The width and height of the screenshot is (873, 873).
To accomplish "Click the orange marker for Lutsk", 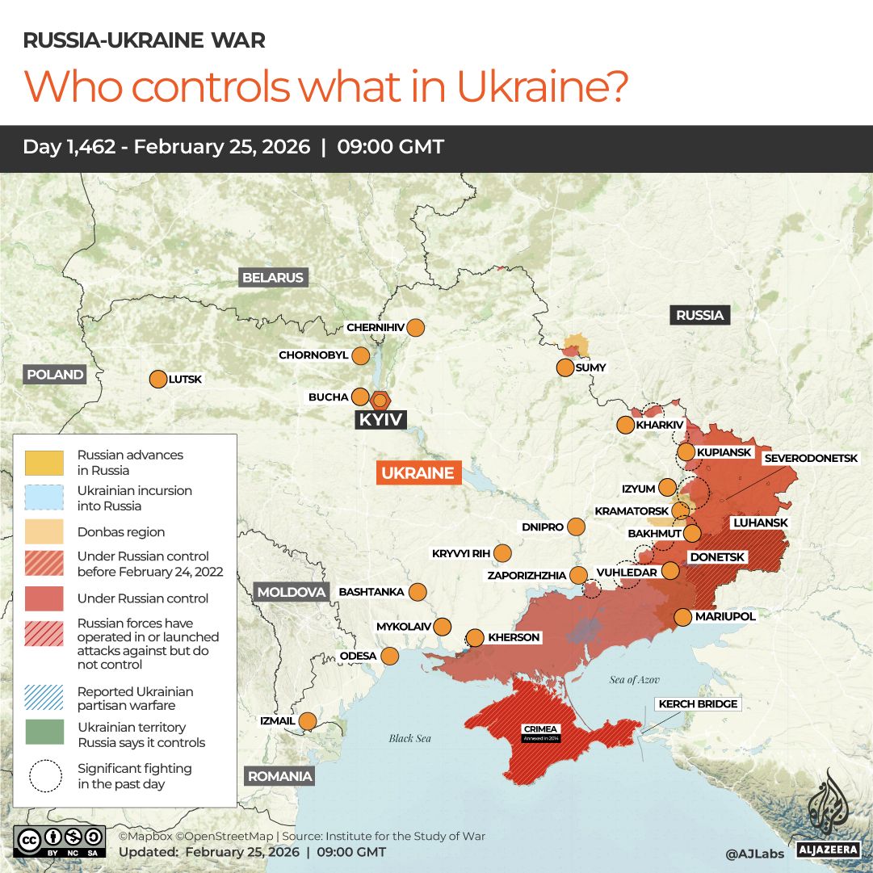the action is (157, 379).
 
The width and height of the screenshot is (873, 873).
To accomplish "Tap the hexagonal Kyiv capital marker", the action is (380, 399).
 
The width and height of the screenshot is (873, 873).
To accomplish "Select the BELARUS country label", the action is (273, 278).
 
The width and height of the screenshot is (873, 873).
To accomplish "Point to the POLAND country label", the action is (55, 375).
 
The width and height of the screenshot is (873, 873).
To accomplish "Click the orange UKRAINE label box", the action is (418, 473).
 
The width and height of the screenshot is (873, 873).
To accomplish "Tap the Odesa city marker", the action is (390, 656).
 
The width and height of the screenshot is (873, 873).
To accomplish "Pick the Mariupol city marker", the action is (683, 617).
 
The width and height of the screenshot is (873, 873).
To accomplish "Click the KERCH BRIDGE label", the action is (698, 704).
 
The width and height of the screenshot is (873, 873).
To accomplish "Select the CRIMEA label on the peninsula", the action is (540, 729).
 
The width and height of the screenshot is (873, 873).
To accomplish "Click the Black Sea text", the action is (409, 738).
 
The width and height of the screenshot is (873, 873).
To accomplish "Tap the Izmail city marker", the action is (308, 720).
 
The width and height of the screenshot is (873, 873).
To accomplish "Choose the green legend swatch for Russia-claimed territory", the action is (44, 732).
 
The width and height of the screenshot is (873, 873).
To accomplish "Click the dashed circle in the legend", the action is (44, 776).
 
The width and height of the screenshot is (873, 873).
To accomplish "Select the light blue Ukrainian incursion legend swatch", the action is (44, 497).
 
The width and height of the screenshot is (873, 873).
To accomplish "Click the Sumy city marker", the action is (565, 367).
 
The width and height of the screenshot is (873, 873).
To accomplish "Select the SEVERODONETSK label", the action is (810, 458).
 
